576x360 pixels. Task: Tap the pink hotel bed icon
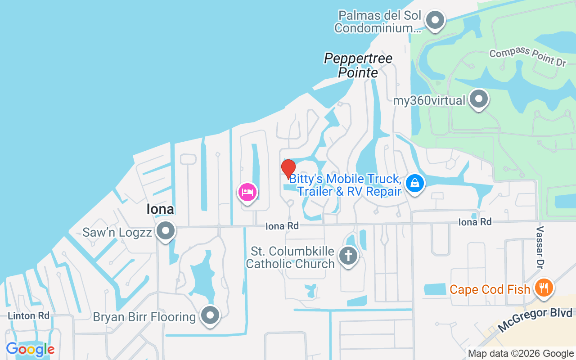point(247,193)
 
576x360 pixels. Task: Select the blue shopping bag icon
point(415,183)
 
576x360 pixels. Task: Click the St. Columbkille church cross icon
point(348,256)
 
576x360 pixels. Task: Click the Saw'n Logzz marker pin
point(166,231)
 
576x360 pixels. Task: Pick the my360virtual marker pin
point(479,99)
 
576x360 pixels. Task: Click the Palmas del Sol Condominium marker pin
point(435,20)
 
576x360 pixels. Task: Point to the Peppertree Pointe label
point(358,65)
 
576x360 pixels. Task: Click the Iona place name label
point(160,209)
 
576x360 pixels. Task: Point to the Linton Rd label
point(28,315)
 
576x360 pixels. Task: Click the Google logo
point(30,349)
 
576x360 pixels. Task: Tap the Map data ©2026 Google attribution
point(521,354)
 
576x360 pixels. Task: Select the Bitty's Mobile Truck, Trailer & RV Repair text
point(345,185)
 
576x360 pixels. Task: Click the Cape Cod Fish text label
point(490,289)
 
